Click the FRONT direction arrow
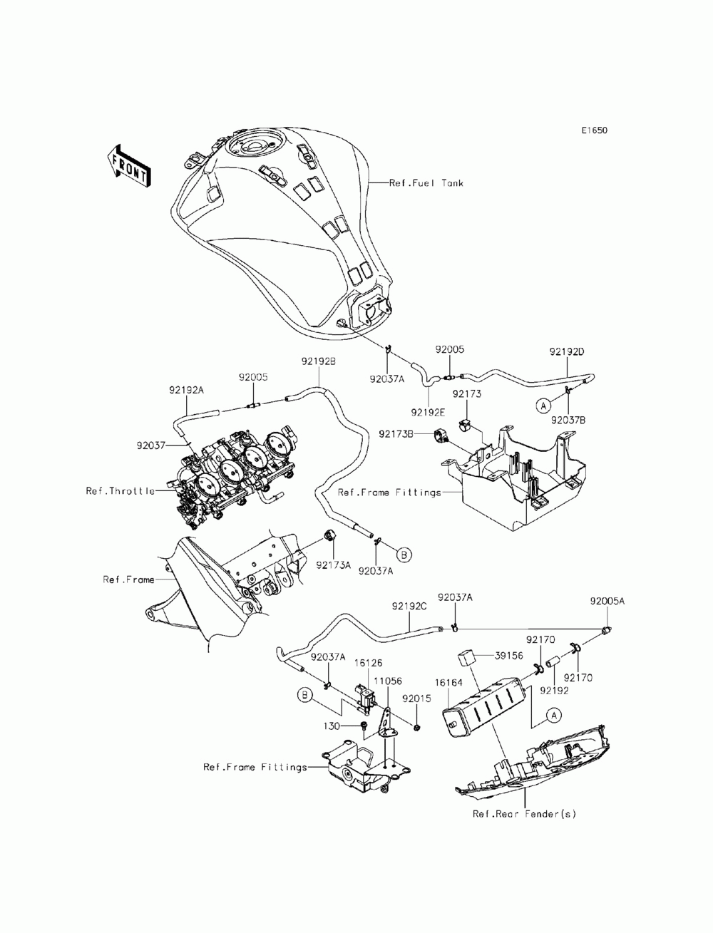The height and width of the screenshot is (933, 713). click(128, 166)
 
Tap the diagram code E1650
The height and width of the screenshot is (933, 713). click(594, 130)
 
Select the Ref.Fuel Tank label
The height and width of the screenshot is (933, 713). click(426, 183)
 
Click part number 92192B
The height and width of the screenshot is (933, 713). click(319, 361)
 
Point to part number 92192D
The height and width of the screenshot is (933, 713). click(567, 351)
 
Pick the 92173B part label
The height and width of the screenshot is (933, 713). click(396, 434)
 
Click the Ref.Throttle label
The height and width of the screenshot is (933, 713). click(120, 491)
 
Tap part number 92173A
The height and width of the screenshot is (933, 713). click(334, 565)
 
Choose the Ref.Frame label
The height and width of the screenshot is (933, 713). click(128, 579)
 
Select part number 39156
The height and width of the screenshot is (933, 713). click(508, 656)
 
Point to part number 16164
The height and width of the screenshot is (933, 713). click(448, 682)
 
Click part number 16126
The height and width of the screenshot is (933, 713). click(368, 662)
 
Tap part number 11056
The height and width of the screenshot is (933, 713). click(388, 681)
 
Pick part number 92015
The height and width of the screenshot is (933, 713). click(416, 699)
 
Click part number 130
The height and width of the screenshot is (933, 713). click(332, 726)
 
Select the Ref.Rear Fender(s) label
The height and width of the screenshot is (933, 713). click(524, 813)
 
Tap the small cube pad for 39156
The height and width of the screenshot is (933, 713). click(466, 663)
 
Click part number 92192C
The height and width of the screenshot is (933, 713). click(409, 607)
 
